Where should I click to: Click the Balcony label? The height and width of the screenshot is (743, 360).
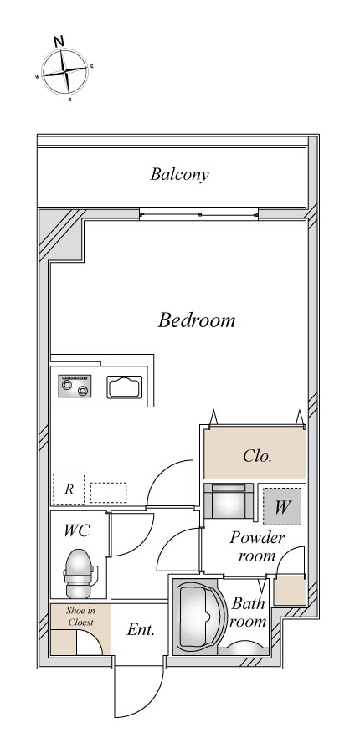click(179, 174)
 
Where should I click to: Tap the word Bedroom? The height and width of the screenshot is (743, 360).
click(197, 320)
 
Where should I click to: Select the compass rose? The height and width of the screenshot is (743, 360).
click(65, 72)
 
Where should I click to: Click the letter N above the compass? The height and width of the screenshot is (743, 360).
click(59, 41)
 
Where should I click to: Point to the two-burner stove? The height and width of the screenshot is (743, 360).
click(75, 386)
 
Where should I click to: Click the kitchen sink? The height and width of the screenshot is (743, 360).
click(125, 387)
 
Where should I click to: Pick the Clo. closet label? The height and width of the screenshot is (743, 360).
click(257, 456)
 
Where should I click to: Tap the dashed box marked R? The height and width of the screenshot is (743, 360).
click(69, 489)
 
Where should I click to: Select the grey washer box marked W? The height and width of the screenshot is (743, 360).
click(282, 506)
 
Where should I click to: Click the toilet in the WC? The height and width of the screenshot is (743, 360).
click(79, 574)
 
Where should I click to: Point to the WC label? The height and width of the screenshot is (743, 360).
click(77, 530)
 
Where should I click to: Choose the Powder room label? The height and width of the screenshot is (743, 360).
click(257, 546)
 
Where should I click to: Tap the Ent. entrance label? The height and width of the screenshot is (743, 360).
click(141, 629)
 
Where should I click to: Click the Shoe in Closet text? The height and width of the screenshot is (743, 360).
click(80, 617)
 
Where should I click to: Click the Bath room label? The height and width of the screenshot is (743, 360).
click(248, 612)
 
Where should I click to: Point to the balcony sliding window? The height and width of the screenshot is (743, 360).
click(199, 214)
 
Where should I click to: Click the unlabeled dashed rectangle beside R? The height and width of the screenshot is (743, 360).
click(108, 492)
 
